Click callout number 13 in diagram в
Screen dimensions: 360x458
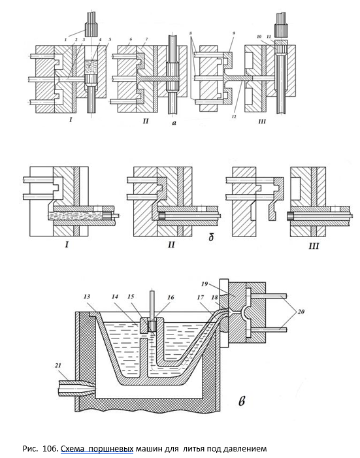pos(87,297)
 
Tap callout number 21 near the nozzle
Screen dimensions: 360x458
pos(58,365)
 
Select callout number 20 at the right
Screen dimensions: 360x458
pos(301,312)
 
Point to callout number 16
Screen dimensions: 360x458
pos(171,297)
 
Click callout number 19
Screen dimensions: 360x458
pos(205,284)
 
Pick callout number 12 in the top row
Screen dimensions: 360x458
pos(234,116)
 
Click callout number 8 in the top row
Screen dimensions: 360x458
pos(191,33)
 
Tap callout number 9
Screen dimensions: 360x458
pos(234,33)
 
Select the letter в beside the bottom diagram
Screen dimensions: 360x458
pos(242,401)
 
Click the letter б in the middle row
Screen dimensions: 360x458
pos(211,237)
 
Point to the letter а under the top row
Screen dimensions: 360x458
pos(174,123)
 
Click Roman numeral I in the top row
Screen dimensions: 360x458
pos(71,120)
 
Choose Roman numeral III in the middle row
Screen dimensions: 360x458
pos(314,246)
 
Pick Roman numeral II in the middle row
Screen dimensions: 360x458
pos(171,244)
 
